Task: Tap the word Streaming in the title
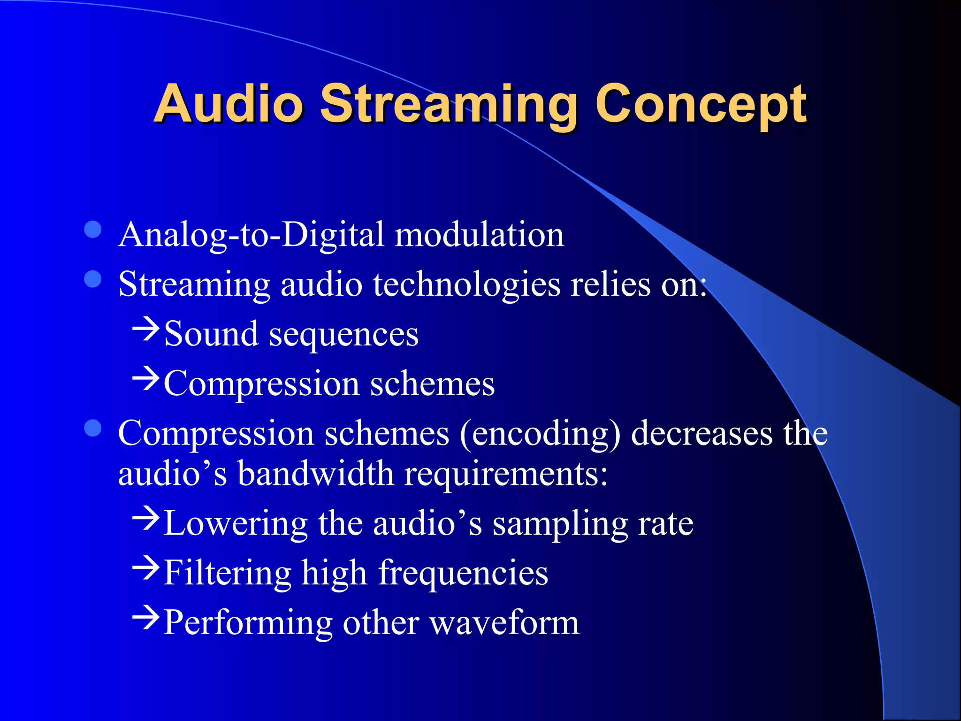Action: click(449, 106)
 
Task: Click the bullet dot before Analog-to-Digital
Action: click(93, 230)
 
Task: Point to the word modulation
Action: click(479, 235)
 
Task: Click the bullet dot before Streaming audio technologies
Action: click(93, 279)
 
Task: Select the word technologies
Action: click(466, 285)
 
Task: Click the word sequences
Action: click(343, 335)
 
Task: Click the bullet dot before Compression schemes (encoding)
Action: click(93, 428)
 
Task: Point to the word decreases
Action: click(701, 434)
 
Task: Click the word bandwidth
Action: click(315, 474)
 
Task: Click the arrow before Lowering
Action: click(146, 519)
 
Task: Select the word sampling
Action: click(560, 525)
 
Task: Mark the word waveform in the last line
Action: click(504, 623)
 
